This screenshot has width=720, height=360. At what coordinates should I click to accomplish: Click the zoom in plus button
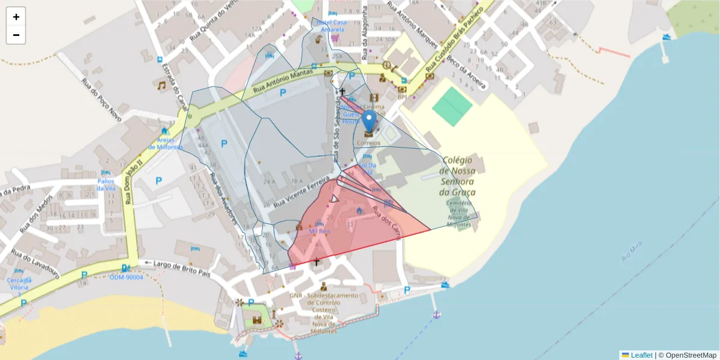click(x=16, y=17)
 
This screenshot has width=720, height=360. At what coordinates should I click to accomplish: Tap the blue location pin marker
click(x=369, y=121)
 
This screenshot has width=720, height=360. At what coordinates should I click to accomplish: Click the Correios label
click(x=368, y=143)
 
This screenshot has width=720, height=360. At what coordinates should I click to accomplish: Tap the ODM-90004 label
click(x=127, y=277)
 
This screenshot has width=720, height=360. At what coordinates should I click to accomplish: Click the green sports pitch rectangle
click(x=452, y=106)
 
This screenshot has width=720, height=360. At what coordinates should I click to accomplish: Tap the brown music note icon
click(x=161, y=86)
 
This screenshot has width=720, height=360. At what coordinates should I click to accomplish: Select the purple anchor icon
click(x=436, y=314)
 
